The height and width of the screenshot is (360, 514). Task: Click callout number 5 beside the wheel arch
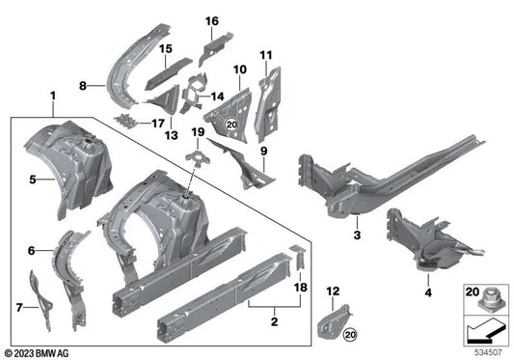coord(32,179)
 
